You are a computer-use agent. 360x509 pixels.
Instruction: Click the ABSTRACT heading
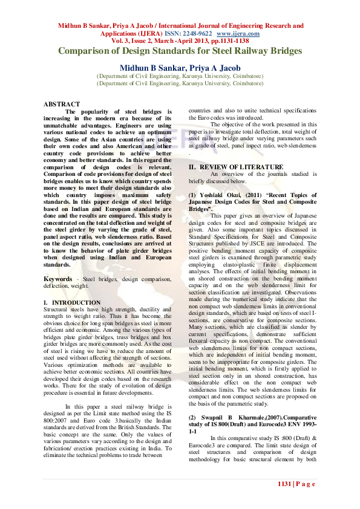pyautogui.click(x=62, y=105)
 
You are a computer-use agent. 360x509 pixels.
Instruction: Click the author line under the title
pyautogui.click(x=180, y=68)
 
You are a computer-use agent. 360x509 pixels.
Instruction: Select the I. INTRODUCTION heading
pyautogui.click(x=72, y=302)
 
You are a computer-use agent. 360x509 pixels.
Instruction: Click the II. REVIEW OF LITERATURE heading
pyautogui.click(x=235, y=166)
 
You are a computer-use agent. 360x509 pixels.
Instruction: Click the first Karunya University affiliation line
pyautogui.click(x=180, y=77)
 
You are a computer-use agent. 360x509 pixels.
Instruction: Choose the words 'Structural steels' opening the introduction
pyautogui.click(x=64, y=309)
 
